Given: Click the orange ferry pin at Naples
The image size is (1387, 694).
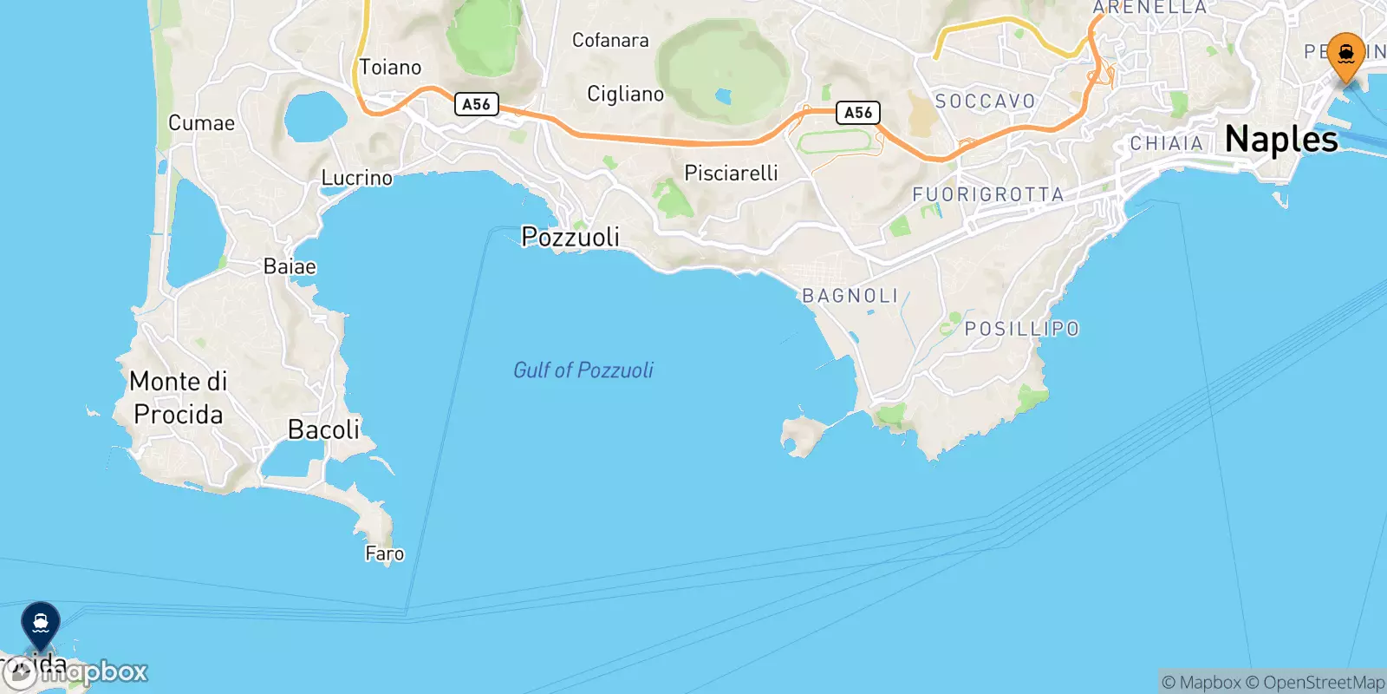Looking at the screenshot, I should tap(1345, 56).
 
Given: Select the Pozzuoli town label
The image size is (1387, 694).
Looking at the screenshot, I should tap(570, 237).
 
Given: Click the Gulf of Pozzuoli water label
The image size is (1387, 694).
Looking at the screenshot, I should tap(583, 370).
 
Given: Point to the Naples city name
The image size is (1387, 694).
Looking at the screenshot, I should tap(1281, 140).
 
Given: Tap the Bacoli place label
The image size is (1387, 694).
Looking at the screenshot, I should tap(323, 429).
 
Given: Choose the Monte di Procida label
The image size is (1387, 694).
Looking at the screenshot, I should tap(179, 398).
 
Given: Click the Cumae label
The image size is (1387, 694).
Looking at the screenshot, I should tap(201, 123).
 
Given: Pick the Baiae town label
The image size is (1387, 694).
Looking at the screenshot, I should tap(290, 266).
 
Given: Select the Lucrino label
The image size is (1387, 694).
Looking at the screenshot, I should tap(356, 178).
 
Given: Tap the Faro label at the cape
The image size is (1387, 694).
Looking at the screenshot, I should tap(384, 553).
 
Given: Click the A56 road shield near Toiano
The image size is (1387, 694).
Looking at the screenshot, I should tap(476, 104).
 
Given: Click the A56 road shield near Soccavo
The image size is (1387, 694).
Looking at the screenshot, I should tap(857, 113).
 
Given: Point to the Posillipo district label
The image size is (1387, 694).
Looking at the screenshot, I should tap(1022, 329).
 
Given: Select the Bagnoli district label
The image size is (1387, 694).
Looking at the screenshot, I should tap(850, 296).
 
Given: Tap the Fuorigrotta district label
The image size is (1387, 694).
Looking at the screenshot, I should tap(988, 195).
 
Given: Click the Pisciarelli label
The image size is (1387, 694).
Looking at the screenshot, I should tap(731, 173).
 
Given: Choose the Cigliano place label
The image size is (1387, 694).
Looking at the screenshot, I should tap(625, 94).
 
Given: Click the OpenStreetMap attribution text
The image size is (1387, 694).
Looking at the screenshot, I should tap(1324, 683).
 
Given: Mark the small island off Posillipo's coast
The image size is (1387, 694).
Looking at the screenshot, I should tap(803, 435).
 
